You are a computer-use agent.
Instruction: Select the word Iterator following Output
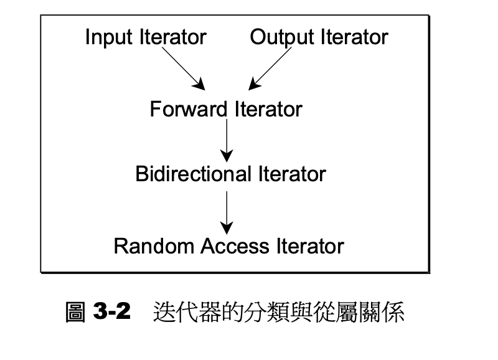(x=354, y=38)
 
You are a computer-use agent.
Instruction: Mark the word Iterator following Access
(x=309, y=246)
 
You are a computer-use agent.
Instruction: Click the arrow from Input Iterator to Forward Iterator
(x=185, y=69)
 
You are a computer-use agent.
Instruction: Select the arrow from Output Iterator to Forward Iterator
(x=270, y=69)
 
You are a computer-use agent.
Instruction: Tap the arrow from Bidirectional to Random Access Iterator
(x=227, y=211)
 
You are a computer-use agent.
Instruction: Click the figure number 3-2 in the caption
(x=111, y=312)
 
